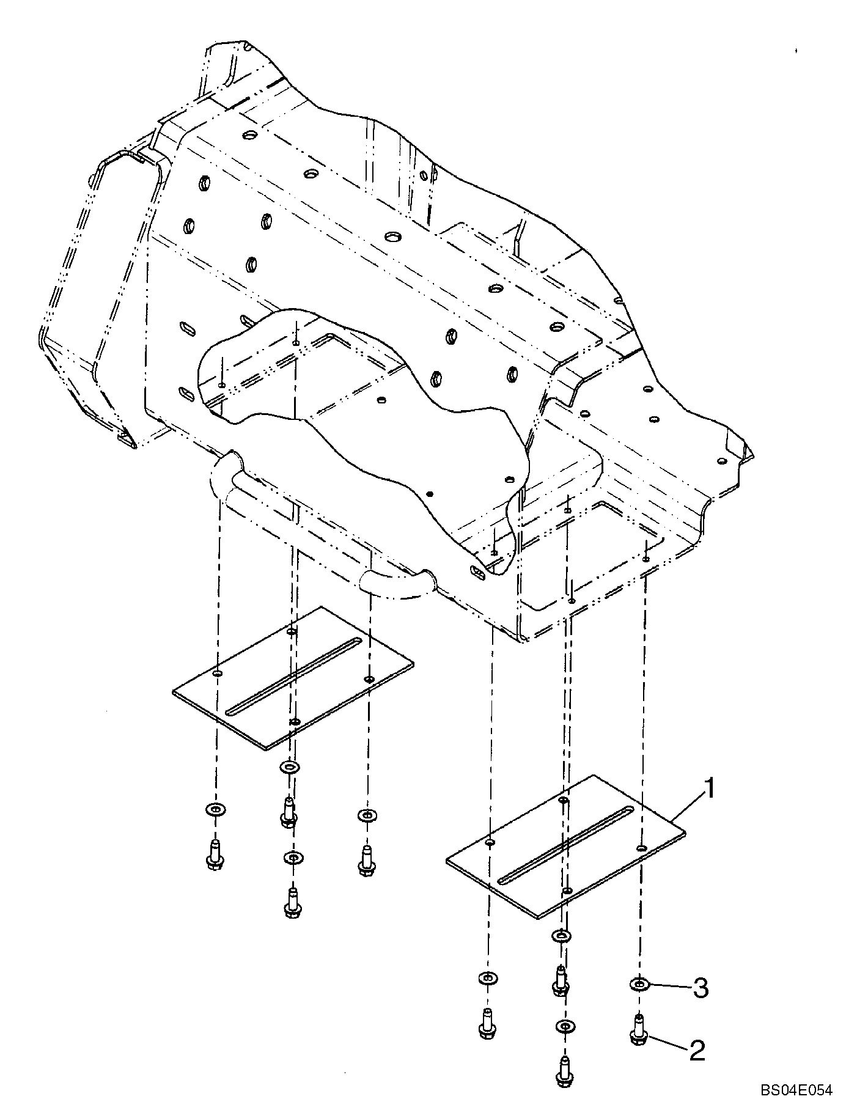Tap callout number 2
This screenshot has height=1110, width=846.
pos(697,1051)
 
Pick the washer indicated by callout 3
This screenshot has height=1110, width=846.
pos(639,985)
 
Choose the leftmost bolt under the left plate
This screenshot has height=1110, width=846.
pos(214,854)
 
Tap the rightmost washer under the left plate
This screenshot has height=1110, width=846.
pos(366,815)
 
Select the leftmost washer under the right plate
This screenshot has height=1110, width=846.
pos(487,979)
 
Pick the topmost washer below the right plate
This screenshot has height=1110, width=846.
pos(561,935)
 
